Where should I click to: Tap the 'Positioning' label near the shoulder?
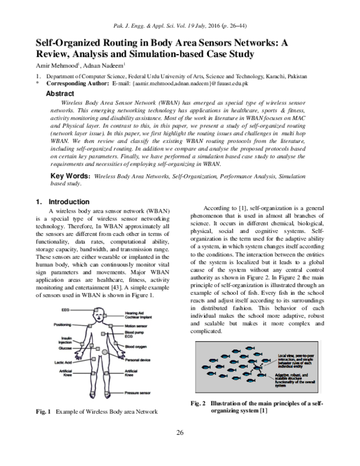coord(62,325)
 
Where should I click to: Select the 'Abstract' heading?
coord(60,94)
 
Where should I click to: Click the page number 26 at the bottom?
coord(180,449)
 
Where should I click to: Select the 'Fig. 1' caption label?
coord(43,428)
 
